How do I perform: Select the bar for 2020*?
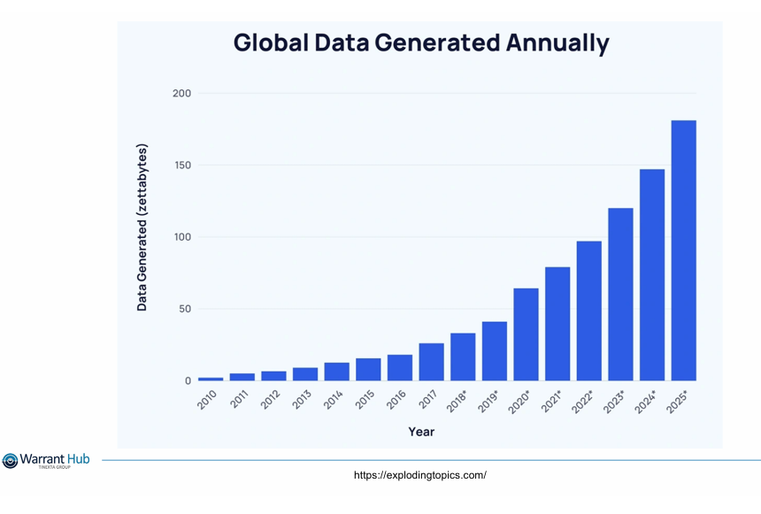pos(526,334)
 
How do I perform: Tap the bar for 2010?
pos(211,379)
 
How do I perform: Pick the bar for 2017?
pos(431,362)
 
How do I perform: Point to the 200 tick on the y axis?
pos(181,93)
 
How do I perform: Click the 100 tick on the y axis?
pos(181,237)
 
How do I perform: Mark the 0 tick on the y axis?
pos(188,381)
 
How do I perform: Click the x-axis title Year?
pos(421,432)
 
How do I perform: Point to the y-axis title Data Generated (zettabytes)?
pos(142,227)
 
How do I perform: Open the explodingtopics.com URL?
pos(419,475)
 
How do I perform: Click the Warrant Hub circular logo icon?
pos(10,461)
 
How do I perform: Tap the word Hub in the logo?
pos(76,457)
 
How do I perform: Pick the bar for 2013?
pos(305,374)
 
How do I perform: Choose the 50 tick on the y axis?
pos(184,309)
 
